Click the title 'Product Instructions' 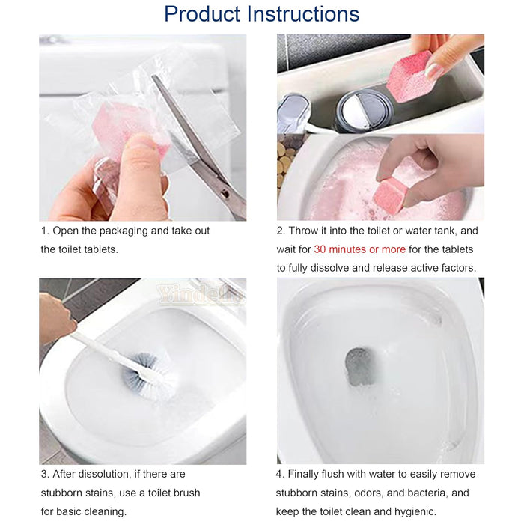(x=261, y=14)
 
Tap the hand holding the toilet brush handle (x=55, y=318)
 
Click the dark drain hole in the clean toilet (x=360, y=366)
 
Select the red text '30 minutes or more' (x=359, y=249)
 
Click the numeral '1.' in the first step (x=45, y=231)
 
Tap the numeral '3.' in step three (x=45, y=474)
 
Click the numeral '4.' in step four (x=281, y=474)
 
